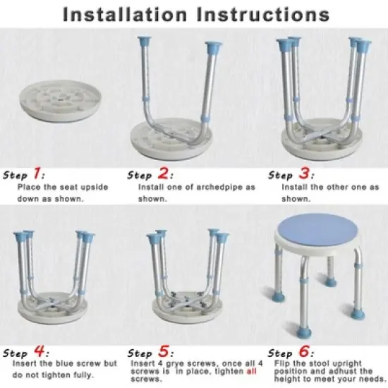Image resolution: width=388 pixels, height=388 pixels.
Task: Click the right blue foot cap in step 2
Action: coord(212,49)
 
